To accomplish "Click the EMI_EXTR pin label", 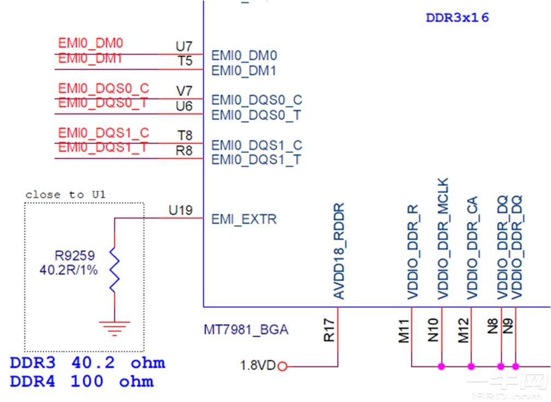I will tap(244, 220).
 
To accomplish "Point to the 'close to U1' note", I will tap(66, 194).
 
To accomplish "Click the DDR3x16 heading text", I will tap(457, 18).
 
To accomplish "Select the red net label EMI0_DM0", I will tap(91, 43).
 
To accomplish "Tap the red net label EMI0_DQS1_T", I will tap(103, 148).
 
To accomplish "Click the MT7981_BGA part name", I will tap(246, 330).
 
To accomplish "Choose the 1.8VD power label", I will tap(258, 365).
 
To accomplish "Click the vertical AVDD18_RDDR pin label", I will tap(339, 251).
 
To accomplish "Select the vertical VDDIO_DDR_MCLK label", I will tap(443, 238).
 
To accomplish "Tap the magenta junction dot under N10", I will tap(441, 366).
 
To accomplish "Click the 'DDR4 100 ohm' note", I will tap(82, 382).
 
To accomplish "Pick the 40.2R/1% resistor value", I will tap(68, 269).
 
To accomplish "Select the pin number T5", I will tap(185, 61).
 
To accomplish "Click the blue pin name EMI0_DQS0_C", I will tap(257, 100).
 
